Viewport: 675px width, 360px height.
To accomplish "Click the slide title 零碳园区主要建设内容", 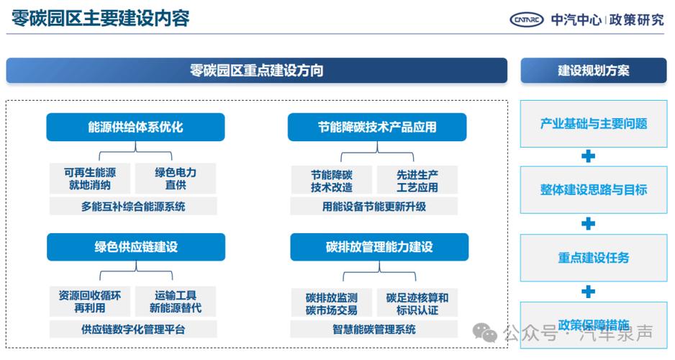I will [101, 18].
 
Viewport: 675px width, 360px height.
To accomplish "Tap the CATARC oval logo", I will [527, 19].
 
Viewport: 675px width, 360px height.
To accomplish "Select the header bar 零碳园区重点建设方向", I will [256, 71].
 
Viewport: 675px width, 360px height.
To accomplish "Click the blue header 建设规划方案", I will [593, 71].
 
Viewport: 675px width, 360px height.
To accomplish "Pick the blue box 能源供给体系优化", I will [135, 127].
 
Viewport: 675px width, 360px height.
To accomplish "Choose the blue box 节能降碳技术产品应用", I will [377, 127].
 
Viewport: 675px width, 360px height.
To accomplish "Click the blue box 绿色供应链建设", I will [135, 247].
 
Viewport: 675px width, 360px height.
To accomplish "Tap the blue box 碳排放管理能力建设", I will [379, 247].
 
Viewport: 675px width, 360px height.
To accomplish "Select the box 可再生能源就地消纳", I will [90, 179].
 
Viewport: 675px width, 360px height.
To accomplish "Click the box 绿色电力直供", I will [176, 179].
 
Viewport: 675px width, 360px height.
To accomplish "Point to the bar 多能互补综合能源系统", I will [132, 207].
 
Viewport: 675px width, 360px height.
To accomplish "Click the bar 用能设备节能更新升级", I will [374, 207].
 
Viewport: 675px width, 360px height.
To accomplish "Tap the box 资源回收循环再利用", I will [90, 302].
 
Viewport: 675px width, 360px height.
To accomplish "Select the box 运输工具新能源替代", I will [176, 302].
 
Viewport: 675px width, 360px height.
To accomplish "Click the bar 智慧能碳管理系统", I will [374, 330].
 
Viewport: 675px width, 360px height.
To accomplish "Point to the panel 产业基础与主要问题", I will [593, 123].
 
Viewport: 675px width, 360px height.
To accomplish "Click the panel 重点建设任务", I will [593, 257].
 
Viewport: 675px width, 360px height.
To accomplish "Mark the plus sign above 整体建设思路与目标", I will [588, 156].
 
